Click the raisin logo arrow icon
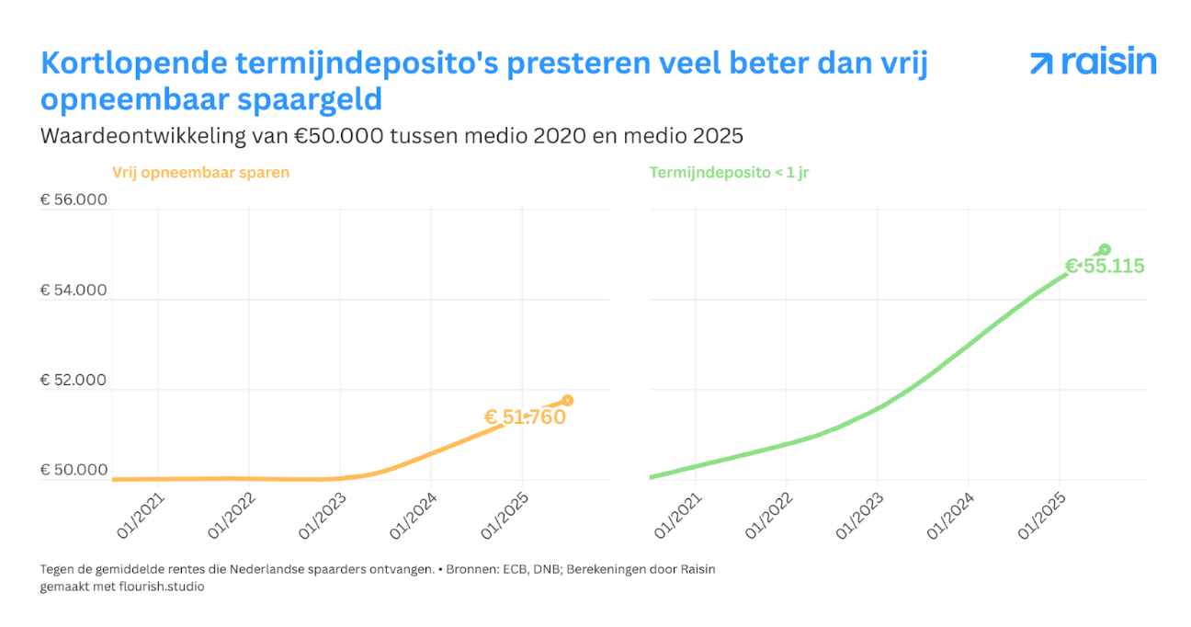click(1041, 63)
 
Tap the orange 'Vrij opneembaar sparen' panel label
click(200, 172)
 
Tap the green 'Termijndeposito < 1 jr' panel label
click(729, 172)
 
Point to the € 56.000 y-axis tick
click(74, 200)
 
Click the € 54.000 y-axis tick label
click(74, 291)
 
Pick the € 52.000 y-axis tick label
click(74, 381)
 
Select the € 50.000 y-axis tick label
click(74, 471)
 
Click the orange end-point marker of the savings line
click(568, 400)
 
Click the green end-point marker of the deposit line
click(1105, 249)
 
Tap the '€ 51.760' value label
click(525, 417)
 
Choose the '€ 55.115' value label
click(1105, 268)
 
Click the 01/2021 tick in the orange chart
click(140, 518)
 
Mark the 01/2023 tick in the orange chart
click(322, 518)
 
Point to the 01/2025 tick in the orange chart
click(504, 518)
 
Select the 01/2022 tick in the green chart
click(768, 518)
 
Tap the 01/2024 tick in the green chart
click(950, 518)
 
